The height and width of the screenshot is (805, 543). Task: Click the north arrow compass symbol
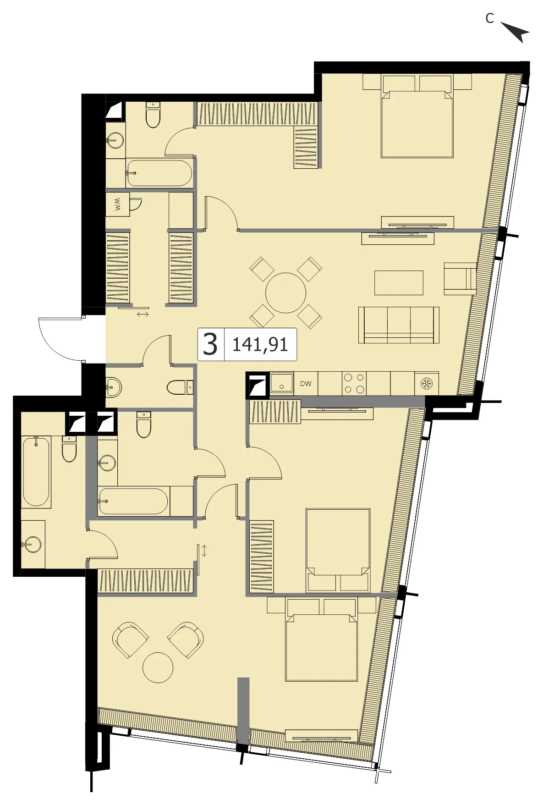[516, 32]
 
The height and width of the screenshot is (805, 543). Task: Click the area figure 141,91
[260, 345]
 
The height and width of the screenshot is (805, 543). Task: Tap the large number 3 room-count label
[210, 344]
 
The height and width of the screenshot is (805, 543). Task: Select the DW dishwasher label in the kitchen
[306, 384]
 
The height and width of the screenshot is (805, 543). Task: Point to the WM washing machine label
[118, 204]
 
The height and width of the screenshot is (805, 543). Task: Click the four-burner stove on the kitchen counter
[354, 384]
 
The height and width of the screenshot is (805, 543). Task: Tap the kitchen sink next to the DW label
[282, 383]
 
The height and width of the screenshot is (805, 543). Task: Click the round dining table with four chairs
[285, 293]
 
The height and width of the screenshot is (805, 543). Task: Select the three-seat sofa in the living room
[399, 325]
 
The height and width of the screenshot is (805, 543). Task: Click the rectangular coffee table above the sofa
[399, 283]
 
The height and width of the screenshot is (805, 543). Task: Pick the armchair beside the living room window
[460, 279]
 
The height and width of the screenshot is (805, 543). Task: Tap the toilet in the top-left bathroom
[153, 115]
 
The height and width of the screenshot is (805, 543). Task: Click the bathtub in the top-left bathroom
[159, 173]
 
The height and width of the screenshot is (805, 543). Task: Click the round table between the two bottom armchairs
[158, 667]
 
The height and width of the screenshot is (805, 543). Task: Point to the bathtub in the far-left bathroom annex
[36, 471]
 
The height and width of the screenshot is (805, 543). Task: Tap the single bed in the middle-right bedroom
[338, 550]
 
